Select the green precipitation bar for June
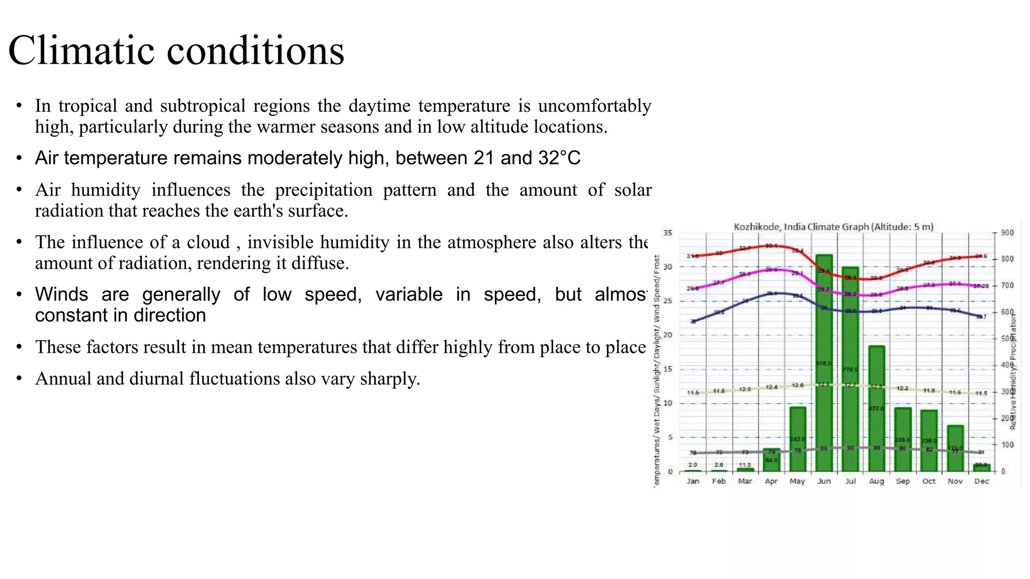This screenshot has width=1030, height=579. point(824,362)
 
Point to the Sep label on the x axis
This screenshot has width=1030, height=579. point(903,481)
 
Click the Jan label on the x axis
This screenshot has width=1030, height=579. point(693,481)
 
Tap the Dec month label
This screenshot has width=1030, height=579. point(981,481)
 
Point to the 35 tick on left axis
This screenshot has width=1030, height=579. point(667,233)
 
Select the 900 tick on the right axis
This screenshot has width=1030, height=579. point(1007,233)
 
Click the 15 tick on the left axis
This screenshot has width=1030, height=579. point(667,369)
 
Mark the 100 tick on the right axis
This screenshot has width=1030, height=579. point(1007,445)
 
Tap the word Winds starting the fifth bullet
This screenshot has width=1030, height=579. point(61,294)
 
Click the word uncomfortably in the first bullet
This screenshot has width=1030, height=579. point(594,106)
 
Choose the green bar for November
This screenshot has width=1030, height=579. point(955,448)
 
